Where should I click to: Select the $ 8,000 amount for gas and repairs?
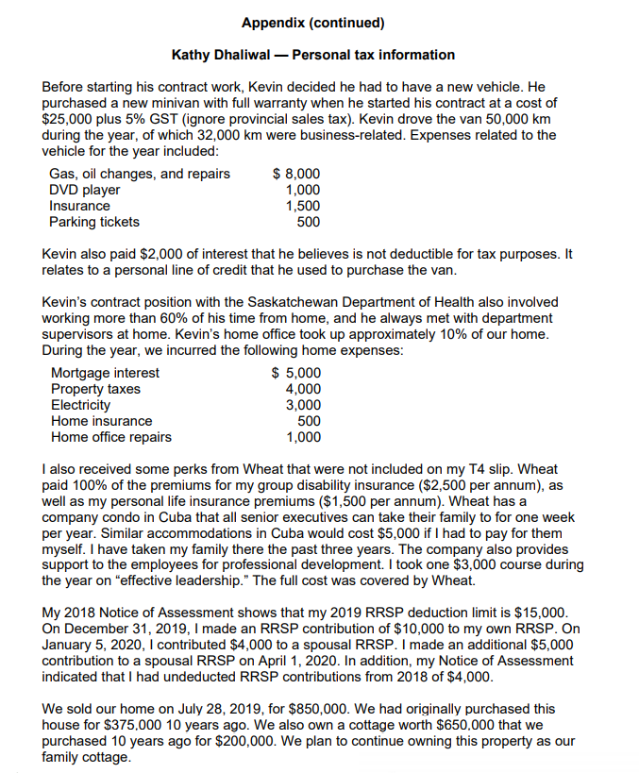pos(295,174)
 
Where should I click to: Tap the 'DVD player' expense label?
pos(85,190)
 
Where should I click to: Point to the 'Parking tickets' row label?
pos(94,222)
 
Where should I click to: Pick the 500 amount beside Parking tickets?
pos(308,222)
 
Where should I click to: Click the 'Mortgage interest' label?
pos(105,373)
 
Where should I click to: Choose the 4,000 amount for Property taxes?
pos(303,389)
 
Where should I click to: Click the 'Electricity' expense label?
pos(80,405)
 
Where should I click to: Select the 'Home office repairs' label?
pos(111,437)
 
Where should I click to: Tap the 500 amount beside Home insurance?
pos(309,421)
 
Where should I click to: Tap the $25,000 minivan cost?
pos(74,120)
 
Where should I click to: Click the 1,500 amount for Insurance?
pos(303,206)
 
